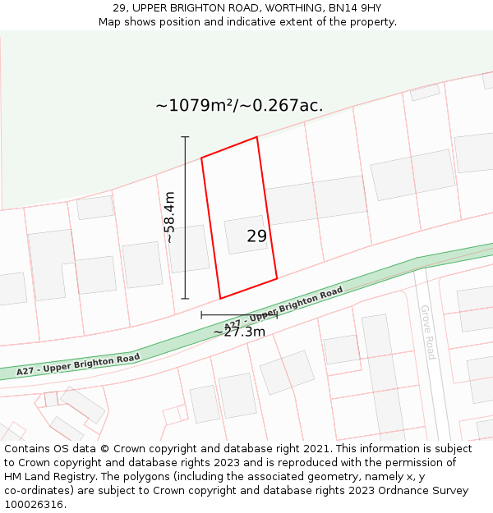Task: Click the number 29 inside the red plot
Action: coord(256,236)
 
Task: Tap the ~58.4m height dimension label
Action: coord(169,218)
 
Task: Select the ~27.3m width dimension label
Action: coord(239,332)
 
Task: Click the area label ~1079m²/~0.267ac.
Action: coord(239,106)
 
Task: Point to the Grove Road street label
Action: coord(428,332)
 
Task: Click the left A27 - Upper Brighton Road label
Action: coord(78,364)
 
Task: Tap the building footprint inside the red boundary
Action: coord(245,235)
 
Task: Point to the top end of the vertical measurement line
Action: coord(185,137)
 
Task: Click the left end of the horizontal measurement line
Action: coord(201,314)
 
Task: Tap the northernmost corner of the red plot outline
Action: coord(256,137)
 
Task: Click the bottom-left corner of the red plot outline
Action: coord(220,298)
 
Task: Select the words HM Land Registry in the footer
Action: coord(44,477)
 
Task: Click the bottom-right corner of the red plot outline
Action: coord(277,278)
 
